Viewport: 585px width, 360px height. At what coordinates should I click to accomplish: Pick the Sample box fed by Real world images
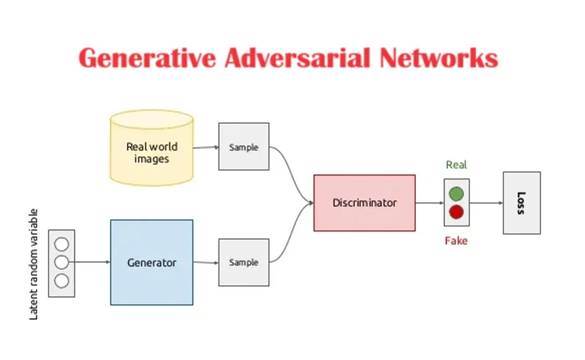click(243, 147)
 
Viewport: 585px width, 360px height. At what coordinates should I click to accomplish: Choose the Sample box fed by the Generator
click(243, 262)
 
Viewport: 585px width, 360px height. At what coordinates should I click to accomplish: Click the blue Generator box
click(152, 262)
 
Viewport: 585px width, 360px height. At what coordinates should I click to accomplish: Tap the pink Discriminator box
click(364, 203)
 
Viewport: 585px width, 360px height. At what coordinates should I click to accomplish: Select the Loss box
click(521, 203)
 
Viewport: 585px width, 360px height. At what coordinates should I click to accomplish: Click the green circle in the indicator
click(456, 194)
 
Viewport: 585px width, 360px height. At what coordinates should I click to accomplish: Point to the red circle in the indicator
click(456, 212)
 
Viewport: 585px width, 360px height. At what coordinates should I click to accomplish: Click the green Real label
click(456, 165)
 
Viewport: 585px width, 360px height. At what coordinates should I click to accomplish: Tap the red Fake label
click(456, 241)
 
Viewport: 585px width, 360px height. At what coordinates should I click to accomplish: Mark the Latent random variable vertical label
click(33, 264)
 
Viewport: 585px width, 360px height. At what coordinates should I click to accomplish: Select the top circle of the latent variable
click(61, 244)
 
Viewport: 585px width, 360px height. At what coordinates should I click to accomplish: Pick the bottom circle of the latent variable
click(61, 281)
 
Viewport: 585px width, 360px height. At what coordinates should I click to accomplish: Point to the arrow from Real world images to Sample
click(205, 148)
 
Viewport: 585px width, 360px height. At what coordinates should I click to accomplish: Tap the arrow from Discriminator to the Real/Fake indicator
click(429, 203)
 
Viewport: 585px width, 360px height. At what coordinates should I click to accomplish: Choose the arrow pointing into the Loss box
click(486, 203)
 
